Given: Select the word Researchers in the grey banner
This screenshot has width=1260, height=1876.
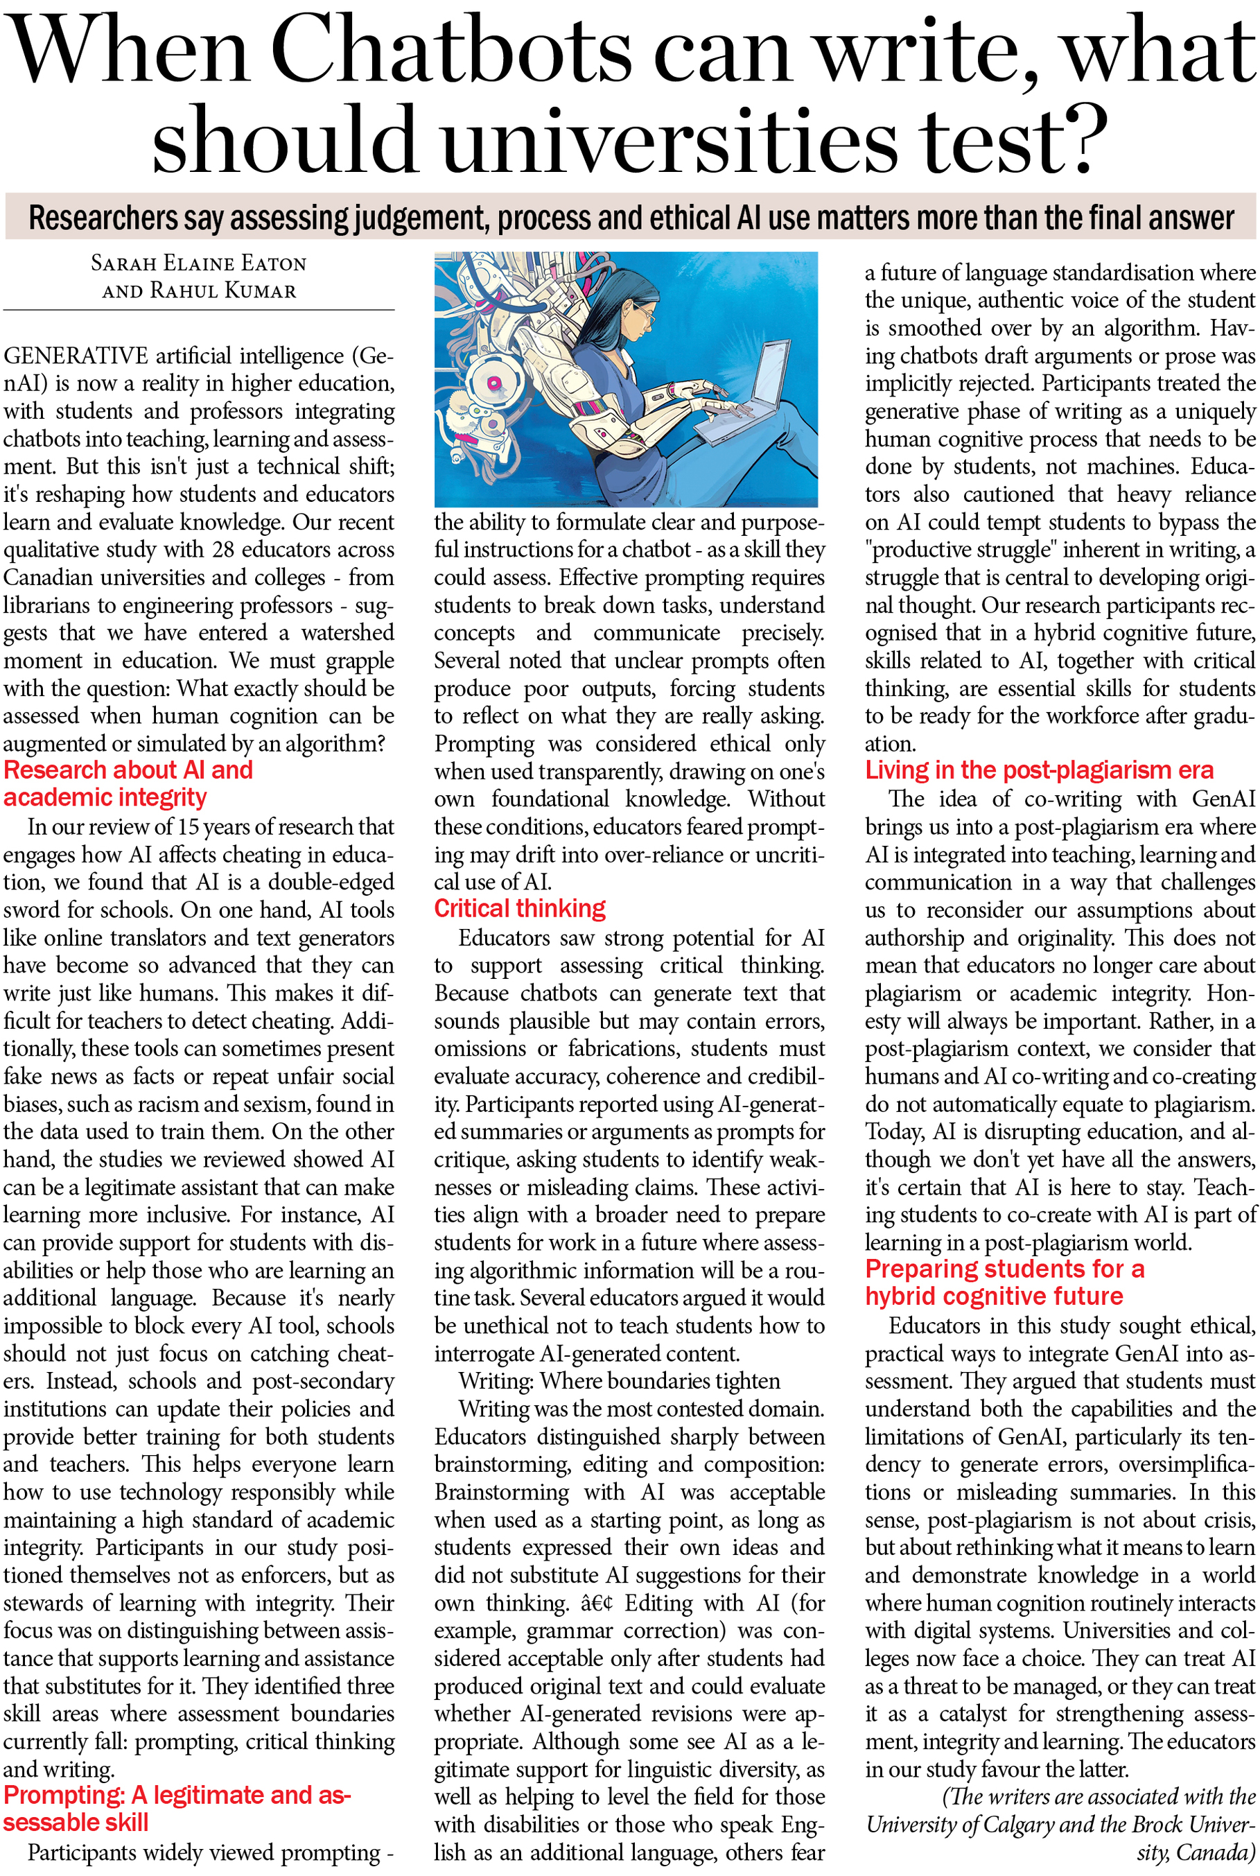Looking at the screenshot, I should coord(103,218).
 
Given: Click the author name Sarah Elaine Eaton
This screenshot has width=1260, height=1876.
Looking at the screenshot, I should coord(198,263).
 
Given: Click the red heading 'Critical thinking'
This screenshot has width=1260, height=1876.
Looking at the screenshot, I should coord(519,908).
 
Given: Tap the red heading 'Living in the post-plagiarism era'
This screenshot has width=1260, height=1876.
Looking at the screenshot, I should coord(1038,770).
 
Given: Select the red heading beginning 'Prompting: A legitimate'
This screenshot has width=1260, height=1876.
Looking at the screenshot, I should coord(177,1809).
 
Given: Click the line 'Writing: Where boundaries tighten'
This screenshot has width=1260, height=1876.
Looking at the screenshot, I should coord(619,1381).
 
